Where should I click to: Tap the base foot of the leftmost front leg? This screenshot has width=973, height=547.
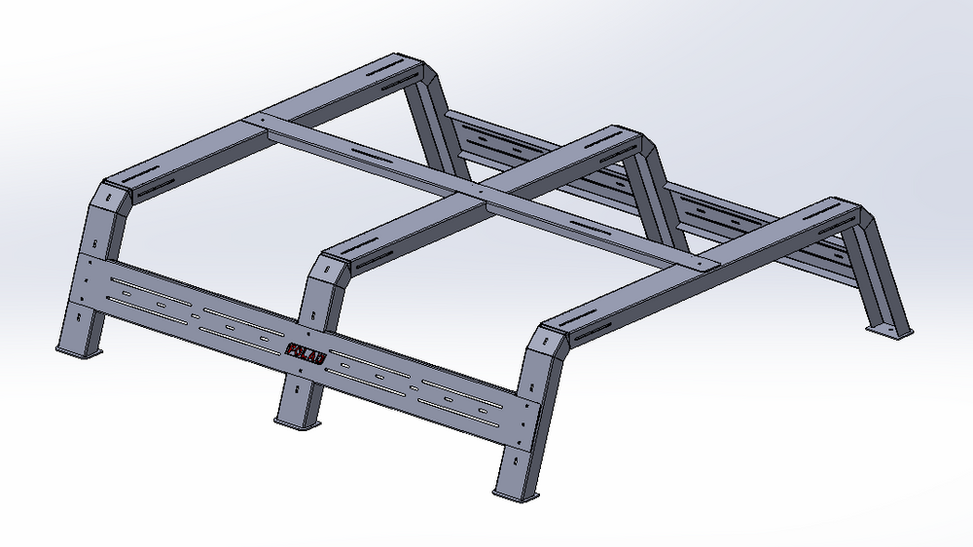click(80, 351)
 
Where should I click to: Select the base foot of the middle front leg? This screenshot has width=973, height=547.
click(297, 422)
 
